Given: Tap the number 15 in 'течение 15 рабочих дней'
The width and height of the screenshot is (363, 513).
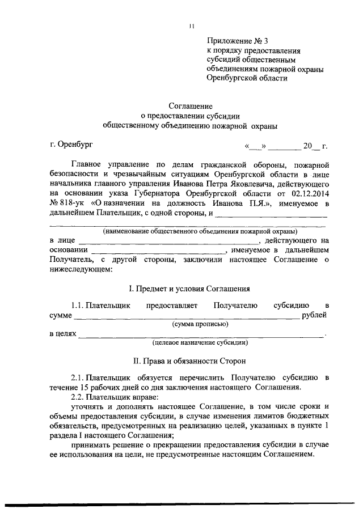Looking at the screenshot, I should tap(84, 387).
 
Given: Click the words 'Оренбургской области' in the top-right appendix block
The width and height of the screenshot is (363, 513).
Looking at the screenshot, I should tap(247, 79).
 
